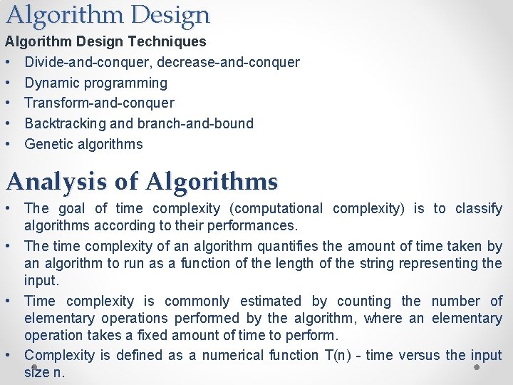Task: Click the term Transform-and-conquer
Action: (x=99, y=103)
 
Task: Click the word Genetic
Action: (x=48, y=144)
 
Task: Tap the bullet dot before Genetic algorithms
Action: (x=9, y=144)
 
